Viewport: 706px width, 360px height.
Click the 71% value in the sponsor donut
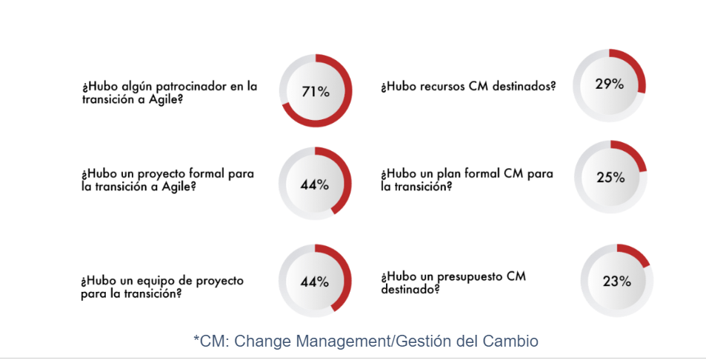(x=315, y=92)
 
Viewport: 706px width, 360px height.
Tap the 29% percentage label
(x=609, y=84)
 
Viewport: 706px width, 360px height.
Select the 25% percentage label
(x=610, y=178)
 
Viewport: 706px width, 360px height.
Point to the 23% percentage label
(x=616, y=281)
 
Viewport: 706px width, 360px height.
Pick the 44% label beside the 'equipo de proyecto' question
(x=314, y=281)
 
